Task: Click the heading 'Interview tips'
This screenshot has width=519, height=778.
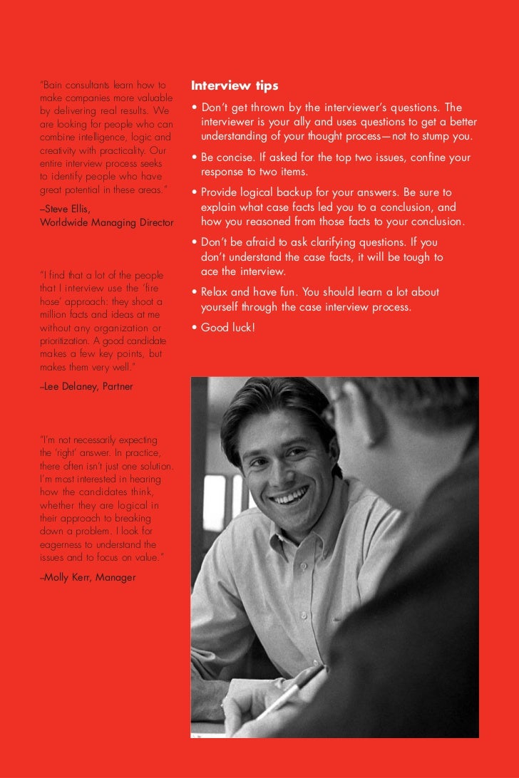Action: pos(235,86)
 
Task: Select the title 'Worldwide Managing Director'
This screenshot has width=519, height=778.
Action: pos(107,222)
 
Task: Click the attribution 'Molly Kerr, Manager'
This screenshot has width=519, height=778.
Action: pos(89,577)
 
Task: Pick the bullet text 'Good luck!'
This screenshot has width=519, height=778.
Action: pos(227,328)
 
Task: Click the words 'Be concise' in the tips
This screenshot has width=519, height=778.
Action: pos(227,157)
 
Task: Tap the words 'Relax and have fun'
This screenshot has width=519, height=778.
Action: pos(247,292)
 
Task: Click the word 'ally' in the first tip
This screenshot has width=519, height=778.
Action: pos(303,123)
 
